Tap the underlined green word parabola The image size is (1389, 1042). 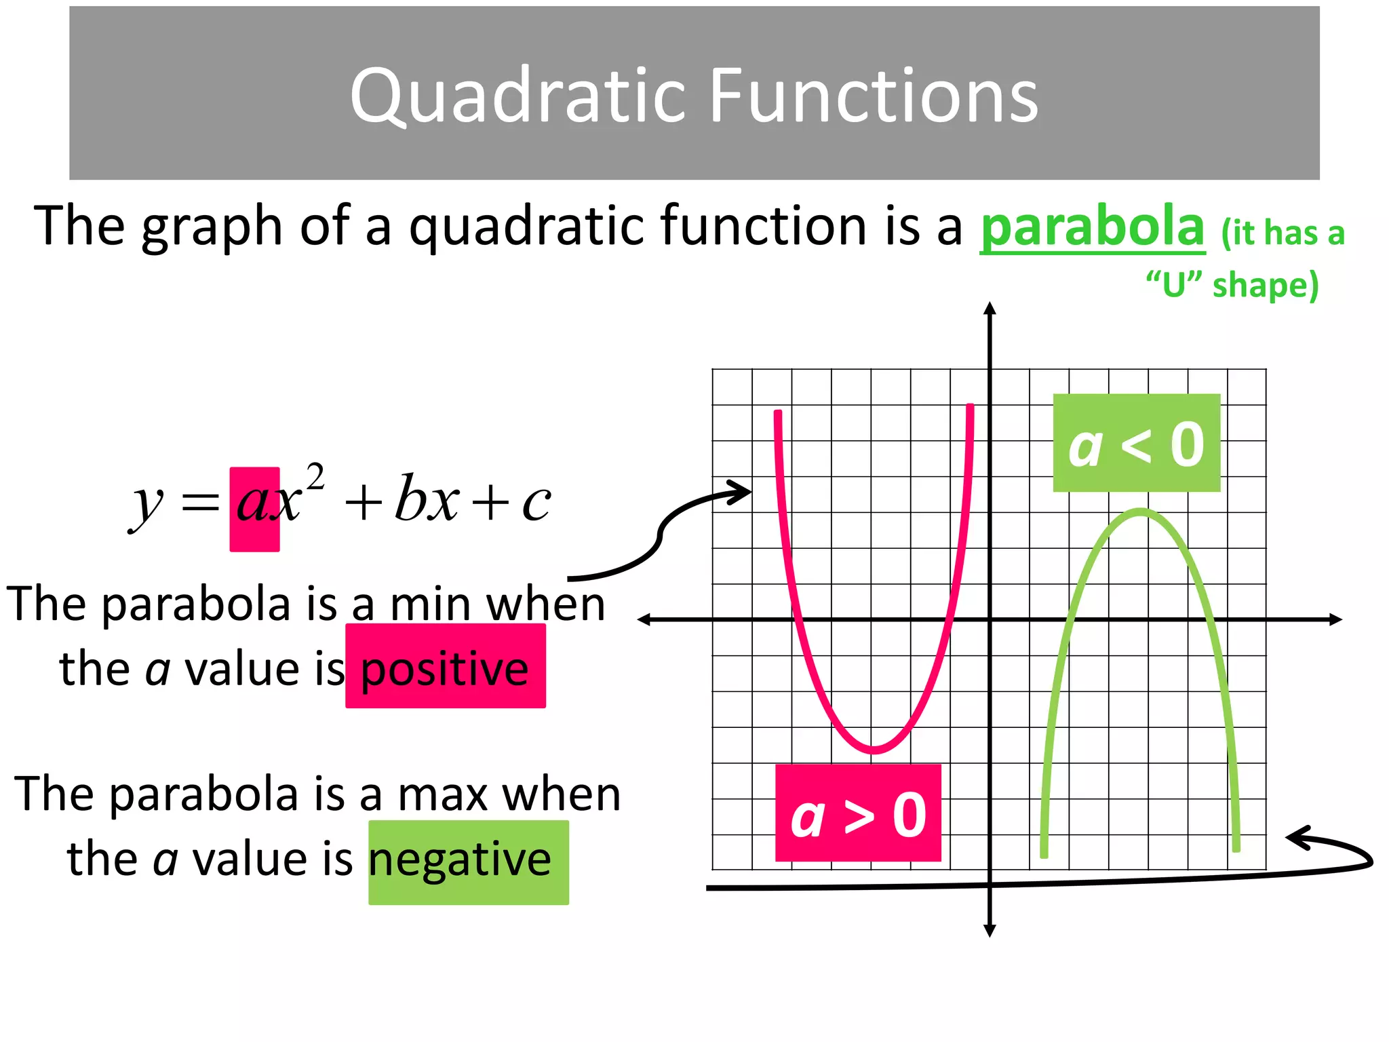coord(1092,227)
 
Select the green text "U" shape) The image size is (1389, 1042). coord(1232,285)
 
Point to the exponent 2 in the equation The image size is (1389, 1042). coord(315,477)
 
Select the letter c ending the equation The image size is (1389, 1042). coord(536,505)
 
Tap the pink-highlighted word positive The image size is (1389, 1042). coord(445,668)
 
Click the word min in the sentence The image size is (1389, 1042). coord(430,604)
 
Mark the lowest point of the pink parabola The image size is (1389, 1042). coord(874,750)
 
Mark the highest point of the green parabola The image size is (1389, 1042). coord(1141,512)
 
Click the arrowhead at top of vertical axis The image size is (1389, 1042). coord(990,309)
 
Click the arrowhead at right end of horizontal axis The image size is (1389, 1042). coord(1336,619)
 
